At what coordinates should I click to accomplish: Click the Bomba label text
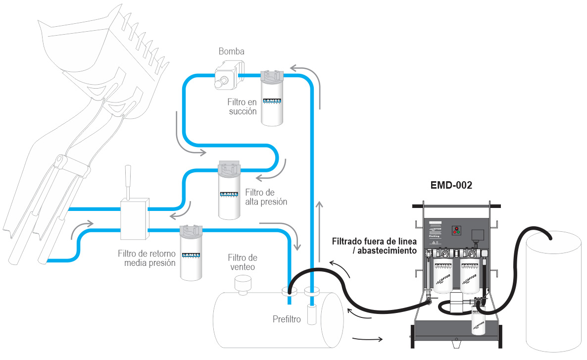click(231, 51)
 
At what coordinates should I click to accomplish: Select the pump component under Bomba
click(226, 76)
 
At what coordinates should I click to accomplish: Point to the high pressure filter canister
click(230, 191)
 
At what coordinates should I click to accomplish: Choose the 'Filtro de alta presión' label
click(266, 197)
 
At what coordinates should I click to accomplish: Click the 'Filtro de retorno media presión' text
click(147, 258)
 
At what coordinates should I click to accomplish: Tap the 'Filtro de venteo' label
click(243, 262)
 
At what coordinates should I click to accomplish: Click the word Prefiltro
click(287, 319)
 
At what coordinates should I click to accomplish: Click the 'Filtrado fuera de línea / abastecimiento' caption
click(375, 246)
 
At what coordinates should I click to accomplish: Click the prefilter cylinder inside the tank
click(311, 315)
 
